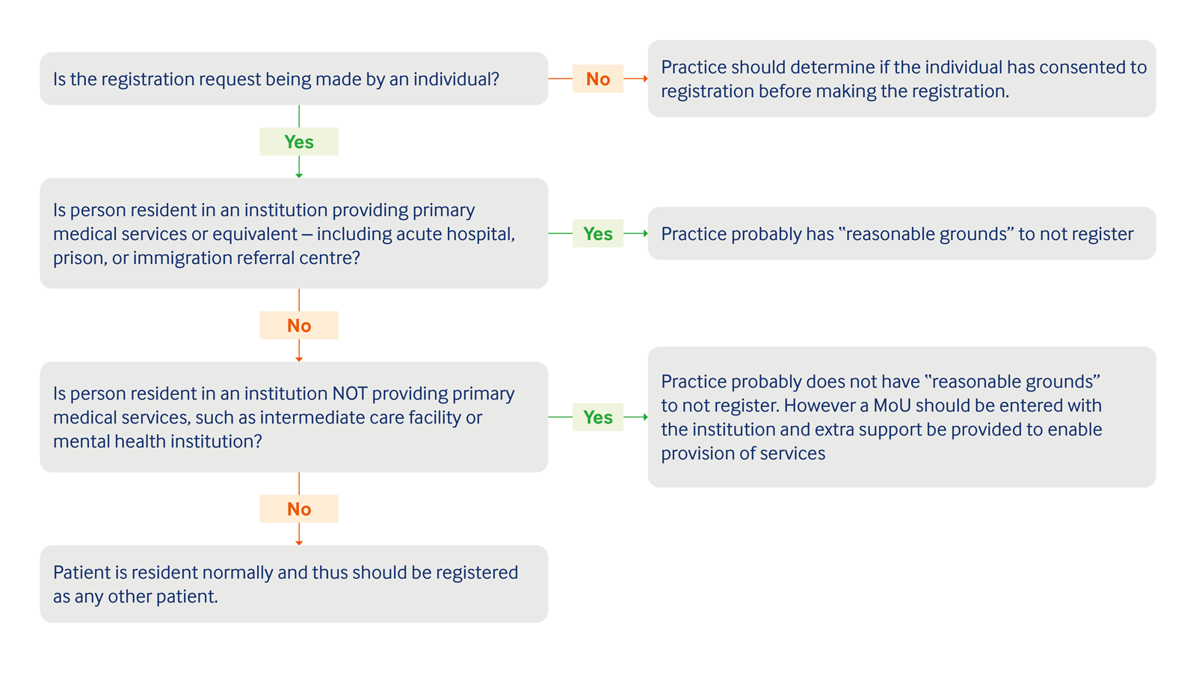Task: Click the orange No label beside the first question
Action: pyautogui.click(x=597, y=79)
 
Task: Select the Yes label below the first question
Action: pyautogui.click(x=299, y=141)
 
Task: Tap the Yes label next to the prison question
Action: pyautogui.click(x=597, y=233)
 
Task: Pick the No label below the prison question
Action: pyautogui.click(x=299, y=325)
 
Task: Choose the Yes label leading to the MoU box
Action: pyautogui.click(x=597, y=417)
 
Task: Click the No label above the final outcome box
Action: pyautogui.click(x=299, y=508)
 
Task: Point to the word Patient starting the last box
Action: pyautogui.click(x=81, y=572)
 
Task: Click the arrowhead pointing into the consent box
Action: pyautogui.click(x=645, y=79)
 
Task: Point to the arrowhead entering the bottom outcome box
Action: pyautogui.click(x=299, y=542)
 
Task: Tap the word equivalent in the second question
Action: pyautogui.click(x=254, y=234)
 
